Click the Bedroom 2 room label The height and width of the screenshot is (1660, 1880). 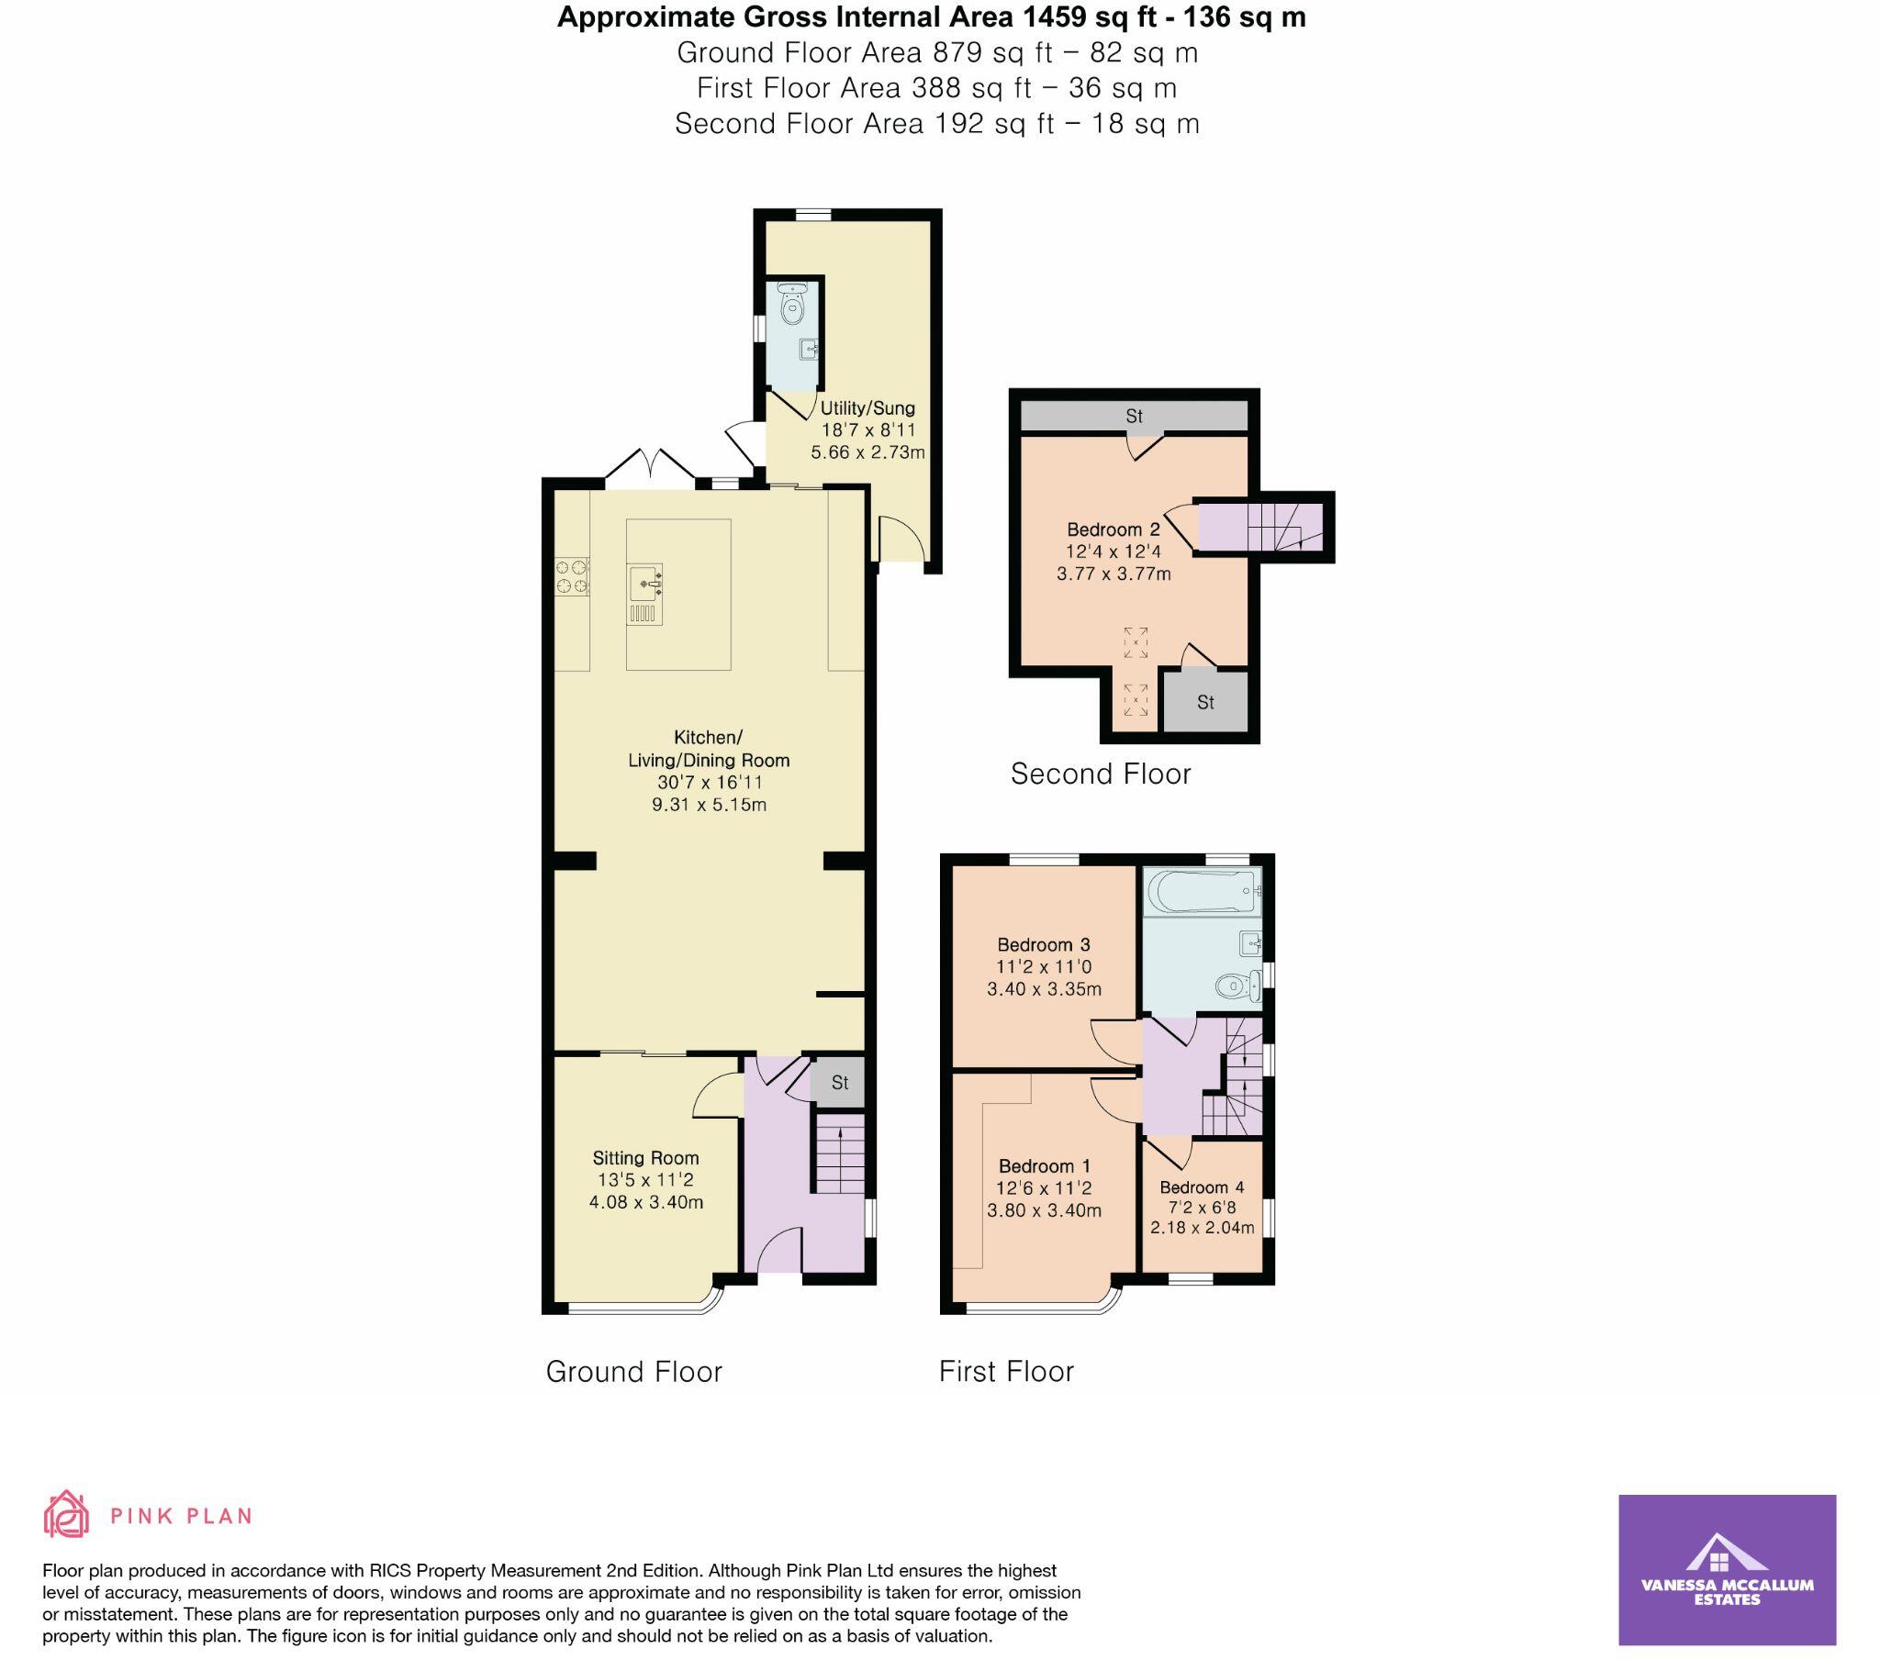(1113, 529)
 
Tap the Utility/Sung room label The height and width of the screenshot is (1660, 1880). (867, 408)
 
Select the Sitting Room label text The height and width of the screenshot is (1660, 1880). (644, 1159)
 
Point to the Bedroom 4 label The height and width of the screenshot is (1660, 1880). (1202, 1187)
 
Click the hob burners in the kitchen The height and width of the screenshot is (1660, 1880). (571, 576)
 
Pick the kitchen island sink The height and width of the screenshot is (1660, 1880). (646, 583)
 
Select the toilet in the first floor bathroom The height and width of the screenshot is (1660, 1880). (1237, 987)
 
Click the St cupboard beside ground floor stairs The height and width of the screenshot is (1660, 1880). (839, 1083)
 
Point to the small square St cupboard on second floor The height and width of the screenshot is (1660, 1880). (1205, 703)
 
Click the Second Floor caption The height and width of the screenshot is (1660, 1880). (1100, 774)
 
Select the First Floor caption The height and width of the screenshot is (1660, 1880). (1006, 1371)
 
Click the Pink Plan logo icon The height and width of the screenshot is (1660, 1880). (67, 1515)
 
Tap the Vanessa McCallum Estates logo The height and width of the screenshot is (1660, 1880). (1727, 1570)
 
